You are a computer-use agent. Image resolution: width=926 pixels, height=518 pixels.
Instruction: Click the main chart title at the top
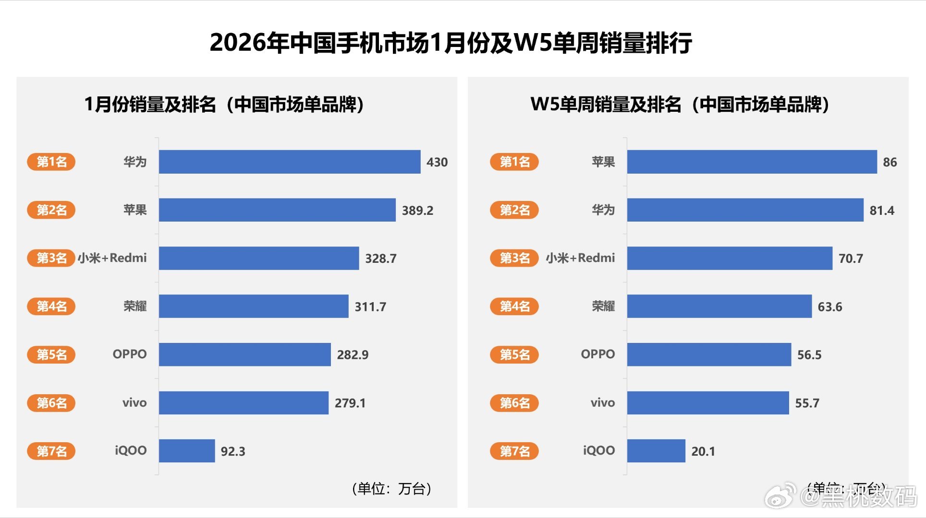pos(451,43)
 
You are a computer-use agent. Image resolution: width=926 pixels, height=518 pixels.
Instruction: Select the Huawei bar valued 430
pos(289,162)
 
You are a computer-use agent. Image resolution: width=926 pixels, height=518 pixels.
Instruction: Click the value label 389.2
pos(417,211)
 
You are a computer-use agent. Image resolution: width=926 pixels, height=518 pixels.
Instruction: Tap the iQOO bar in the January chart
pos(187,451)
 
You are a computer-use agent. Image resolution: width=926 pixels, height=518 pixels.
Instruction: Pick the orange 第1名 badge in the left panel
pos(51,162)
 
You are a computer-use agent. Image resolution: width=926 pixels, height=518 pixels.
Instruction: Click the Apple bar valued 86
pos(752,162)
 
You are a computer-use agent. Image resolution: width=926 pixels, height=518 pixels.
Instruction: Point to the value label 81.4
pos(882,211)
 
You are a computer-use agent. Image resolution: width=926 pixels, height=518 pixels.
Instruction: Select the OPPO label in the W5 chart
pos(597,354)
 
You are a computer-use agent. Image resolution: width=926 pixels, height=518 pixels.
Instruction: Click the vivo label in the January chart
pos(134,403)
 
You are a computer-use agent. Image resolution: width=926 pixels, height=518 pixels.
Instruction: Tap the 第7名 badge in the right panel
pos(514,451)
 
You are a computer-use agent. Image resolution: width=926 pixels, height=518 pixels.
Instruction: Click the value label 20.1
pos(703,451)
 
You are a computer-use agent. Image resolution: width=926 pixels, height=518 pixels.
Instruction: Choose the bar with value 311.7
pos(254,306)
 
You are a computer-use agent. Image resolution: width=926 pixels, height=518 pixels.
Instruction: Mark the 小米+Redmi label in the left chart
pos(112,258)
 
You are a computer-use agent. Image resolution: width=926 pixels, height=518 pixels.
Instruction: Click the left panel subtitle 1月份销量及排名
pos(224,104)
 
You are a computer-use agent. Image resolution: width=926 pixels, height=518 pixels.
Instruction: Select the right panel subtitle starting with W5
pos(680,104)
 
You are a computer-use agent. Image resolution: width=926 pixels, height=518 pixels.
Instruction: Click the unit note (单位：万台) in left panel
pos(391,489)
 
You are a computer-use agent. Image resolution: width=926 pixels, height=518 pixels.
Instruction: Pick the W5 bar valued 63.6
pos(719,306)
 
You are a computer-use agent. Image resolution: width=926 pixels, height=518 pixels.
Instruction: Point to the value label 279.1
pos(350,403)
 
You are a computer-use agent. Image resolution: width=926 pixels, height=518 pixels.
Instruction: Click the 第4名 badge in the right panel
pos(514,306)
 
